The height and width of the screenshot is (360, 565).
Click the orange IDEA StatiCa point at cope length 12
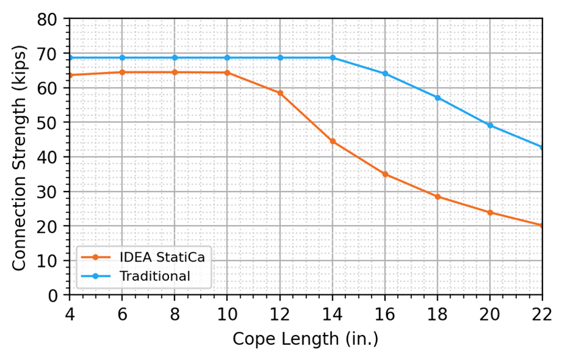coord(280,93)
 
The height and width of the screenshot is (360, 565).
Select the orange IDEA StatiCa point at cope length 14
coord(333,142)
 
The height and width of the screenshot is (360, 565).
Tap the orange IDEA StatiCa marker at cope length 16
coord(385,175)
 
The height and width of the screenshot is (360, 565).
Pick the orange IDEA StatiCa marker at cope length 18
coord(437,196)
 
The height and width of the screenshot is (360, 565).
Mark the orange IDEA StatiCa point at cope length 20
coord(490,213)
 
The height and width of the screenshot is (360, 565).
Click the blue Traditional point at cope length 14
coord(333,58)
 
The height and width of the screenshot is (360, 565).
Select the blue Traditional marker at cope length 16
coord(385,74)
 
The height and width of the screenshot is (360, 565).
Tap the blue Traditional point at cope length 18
coord(437,98)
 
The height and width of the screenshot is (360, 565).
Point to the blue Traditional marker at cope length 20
coord(490,126)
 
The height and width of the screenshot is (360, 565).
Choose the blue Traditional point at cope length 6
coord(122,58)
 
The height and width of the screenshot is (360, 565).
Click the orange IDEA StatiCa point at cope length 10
coord(227,72)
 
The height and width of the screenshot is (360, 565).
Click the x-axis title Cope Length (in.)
coord(305,339)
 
